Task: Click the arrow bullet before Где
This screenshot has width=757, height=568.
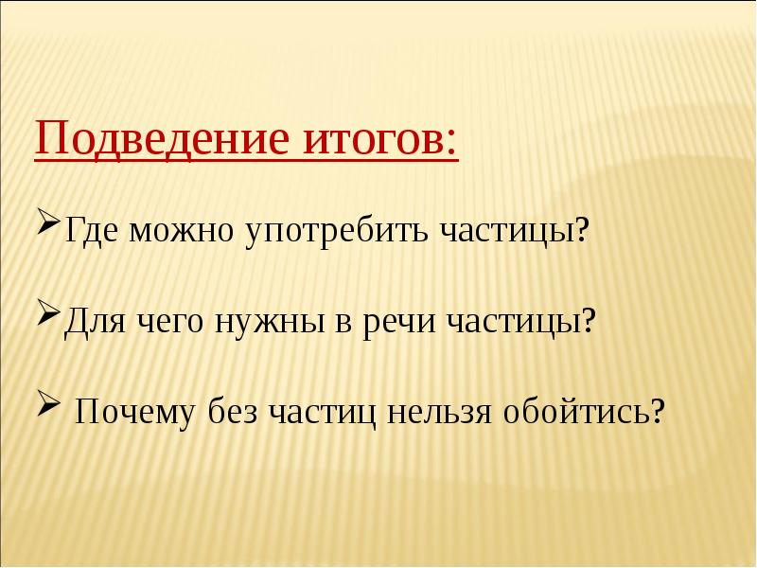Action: pos(49,228)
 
